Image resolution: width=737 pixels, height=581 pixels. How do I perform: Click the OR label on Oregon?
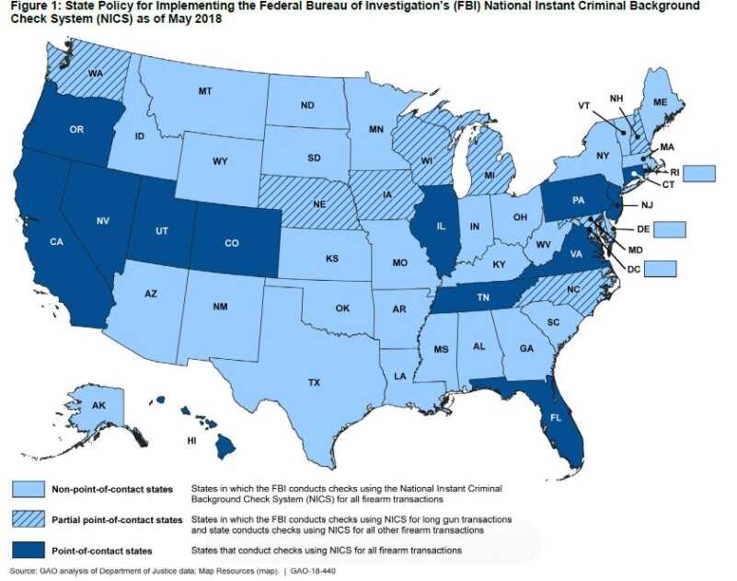click(x=76, y=130)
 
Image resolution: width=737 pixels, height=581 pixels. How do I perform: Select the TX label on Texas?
click(x=314, y=380)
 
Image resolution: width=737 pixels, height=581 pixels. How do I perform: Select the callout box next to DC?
click(x=660, y=269)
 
